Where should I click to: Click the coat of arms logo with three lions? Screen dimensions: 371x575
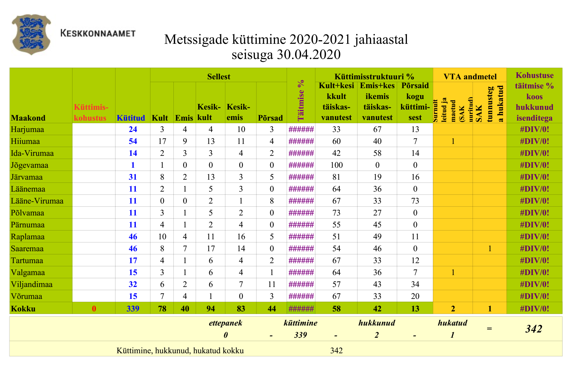pos(31,34)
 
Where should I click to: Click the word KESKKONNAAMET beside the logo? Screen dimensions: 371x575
pos(98,34)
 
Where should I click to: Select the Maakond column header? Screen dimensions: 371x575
pos(28,118)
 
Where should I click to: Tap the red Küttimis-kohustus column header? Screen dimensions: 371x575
pos(91,112)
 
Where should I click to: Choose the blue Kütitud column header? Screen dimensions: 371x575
pos(131,118)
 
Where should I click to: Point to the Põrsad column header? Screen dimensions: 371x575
pos(270,118)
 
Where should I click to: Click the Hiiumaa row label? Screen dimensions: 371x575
pos(25,141)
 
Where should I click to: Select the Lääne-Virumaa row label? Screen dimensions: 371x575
pos(37,201)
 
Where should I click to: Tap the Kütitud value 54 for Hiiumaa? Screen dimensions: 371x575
pos(133,141)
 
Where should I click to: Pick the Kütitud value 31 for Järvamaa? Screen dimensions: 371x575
pos(133,177)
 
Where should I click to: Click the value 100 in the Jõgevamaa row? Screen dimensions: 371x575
pos(336,165)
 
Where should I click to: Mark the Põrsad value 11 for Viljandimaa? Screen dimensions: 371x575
pos(272,284)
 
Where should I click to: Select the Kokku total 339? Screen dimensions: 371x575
pos(133,308)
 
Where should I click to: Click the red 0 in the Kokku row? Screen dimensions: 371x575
pos(94,308)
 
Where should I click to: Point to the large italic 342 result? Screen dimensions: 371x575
pos(533,329)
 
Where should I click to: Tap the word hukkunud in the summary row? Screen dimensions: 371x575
pos(377,323)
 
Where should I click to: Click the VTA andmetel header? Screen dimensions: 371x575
pos(470,77)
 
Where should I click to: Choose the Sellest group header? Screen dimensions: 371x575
pos(219,77)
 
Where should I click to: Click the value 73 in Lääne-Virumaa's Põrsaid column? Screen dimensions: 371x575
pos(415,201)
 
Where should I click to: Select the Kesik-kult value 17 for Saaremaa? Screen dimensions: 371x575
pos(211,248)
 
